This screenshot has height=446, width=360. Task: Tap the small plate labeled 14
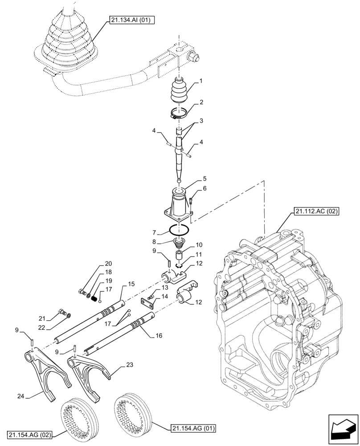click(148, 303)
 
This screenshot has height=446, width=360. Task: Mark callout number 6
click(204, 189)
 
